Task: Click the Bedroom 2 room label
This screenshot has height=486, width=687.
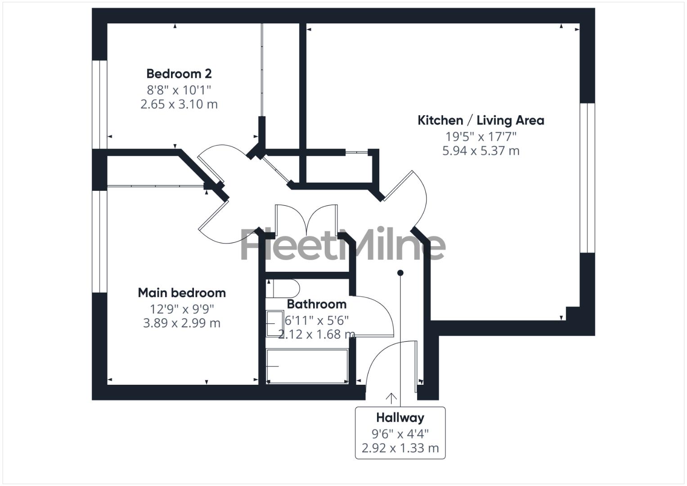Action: [x=179, y=73]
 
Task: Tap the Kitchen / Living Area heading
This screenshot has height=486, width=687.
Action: [x=480, y=120]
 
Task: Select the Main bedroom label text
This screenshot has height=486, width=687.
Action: [x=182, y=292]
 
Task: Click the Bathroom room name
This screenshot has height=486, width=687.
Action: [x=317, y=304]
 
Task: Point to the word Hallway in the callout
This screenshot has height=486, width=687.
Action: [x=400, y=418]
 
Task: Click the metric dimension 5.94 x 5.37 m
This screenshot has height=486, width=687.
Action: [x=480, y=150]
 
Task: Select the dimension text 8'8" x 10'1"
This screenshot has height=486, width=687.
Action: [x=179, y=89]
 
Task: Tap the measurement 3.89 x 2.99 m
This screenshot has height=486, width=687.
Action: [x=182, y=323]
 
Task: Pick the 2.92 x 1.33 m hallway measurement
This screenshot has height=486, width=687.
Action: [x=400, y=448]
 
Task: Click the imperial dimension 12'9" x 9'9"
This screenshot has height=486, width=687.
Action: [x=182, y=309]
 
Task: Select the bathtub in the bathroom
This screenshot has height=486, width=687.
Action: [x=307, y=366]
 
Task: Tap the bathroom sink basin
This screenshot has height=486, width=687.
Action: [x=271, y=324]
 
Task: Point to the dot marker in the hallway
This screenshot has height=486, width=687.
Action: [x=400, y=273]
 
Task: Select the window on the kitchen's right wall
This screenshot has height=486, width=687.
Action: [x=587, y=178]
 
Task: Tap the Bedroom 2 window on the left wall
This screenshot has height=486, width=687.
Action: [x=99, y=104]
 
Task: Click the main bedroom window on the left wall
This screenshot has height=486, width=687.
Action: [x=99, y=242]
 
